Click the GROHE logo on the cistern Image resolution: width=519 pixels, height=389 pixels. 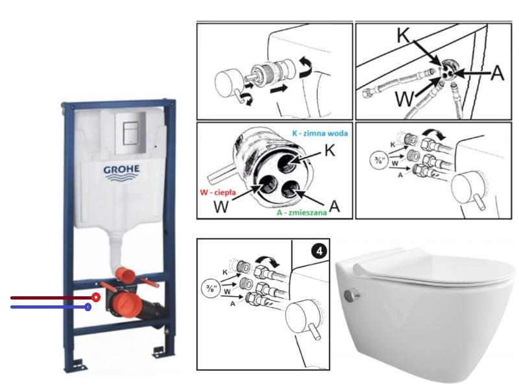pos(121,172)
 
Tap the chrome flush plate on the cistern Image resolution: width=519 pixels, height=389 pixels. pos(130,132)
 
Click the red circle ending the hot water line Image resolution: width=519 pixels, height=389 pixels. pos(96,298)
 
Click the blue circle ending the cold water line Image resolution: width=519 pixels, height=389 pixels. pos(88,307)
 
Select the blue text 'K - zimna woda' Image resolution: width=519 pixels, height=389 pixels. pos(320,133)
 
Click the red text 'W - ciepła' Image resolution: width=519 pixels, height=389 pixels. pos(218,192)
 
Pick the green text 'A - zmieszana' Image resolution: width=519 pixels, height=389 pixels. pos(302,213)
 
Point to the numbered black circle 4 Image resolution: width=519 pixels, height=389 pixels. pos(319,251)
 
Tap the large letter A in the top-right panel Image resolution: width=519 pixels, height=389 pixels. pos(497,72)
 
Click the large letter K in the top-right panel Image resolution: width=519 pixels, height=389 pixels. pos(404,35)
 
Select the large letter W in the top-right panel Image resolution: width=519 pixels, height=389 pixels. pos(405,99)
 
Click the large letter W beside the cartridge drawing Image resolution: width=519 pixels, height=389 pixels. pos(221,207)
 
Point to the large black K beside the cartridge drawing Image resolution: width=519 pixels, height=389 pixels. pos(330,150)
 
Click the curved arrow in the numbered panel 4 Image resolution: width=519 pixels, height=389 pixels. pos(269,260)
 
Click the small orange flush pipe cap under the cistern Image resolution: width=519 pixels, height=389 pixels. pos(125,275)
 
